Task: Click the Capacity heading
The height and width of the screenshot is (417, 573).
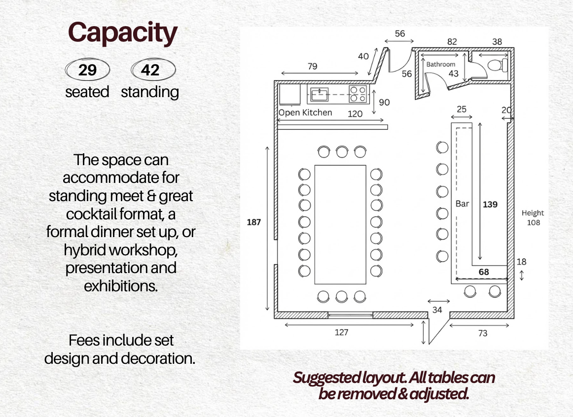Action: (122, 33)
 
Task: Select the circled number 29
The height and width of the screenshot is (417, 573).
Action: (87, 70)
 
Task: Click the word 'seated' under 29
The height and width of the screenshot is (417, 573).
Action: (87, 92)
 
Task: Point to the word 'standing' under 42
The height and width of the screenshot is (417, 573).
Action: (150, 92)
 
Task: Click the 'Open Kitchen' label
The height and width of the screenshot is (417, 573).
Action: (305, 112)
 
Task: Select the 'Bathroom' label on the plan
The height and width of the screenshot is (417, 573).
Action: (441, 64)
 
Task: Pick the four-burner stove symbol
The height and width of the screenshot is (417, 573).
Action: (358, 94)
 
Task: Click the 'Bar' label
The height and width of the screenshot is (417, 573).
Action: (462, 204)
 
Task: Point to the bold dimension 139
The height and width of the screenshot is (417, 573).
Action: (490, 204)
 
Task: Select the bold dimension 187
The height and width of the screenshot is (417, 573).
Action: (254, 222)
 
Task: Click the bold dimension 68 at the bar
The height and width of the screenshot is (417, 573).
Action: (484, 272)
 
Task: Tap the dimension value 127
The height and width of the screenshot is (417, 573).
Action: (341, 332)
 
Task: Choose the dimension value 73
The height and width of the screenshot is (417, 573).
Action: (483, 333)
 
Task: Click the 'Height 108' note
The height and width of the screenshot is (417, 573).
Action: (533, 217)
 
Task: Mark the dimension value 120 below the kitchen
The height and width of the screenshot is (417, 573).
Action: (355, 114)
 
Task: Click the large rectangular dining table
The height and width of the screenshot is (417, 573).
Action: (340, 224)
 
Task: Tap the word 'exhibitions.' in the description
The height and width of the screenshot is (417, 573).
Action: (121, 285)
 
